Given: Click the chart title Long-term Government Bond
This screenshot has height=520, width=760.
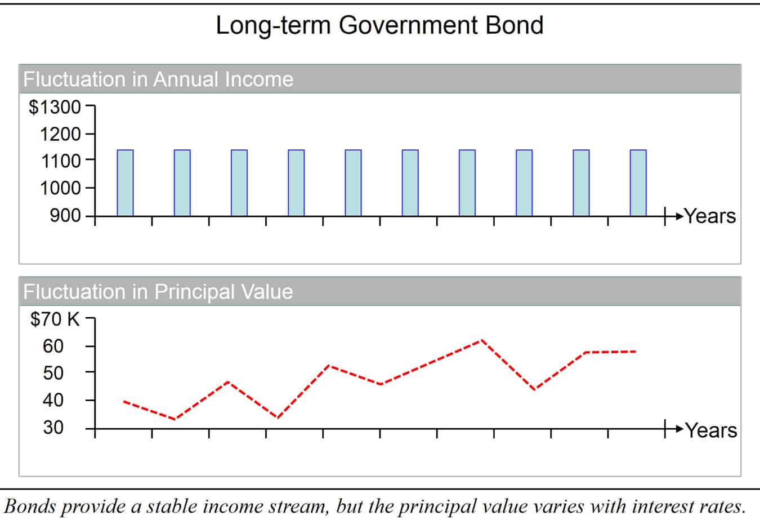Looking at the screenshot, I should click(379, 26).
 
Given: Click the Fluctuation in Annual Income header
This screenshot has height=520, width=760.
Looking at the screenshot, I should click(158, 79).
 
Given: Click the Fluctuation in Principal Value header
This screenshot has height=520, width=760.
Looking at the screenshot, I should click(158, 292).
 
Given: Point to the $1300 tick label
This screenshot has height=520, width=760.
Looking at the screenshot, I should click(55, 106).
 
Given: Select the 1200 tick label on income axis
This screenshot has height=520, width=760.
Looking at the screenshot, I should click(60, 134).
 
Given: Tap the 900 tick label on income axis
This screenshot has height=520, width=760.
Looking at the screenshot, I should click(65, 216).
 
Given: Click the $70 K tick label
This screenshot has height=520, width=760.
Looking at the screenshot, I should click(55, 319).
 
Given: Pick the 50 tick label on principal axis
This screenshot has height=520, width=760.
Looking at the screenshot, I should click(53, 373).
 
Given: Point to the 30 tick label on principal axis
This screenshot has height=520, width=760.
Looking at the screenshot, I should click(53, 427).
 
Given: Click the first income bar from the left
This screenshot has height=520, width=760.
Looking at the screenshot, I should click(125, 183).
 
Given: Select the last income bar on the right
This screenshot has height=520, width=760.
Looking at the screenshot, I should click(638, 183).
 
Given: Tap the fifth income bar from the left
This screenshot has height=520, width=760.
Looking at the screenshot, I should click(353, 183).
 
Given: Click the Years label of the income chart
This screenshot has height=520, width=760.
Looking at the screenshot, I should click(710, 216).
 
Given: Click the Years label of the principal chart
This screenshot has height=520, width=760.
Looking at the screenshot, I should click(711, 430).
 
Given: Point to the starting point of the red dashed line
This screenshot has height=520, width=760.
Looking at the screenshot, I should click(124, 402).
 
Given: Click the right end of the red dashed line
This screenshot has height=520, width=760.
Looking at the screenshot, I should click(635, 352).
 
